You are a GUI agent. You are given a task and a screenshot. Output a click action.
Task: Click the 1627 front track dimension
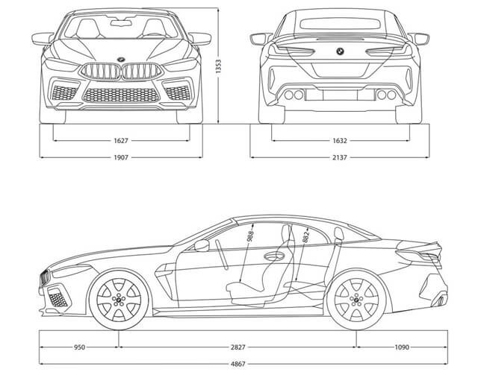coord(121,139)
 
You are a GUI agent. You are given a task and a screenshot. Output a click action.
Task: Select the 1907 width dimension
coord(121,157)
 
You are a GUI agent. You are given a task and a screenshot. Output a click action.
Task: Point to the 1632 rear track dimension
coord(339,139)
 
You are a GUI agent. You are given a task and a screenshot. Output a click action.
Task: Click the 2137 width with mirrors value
coord(339,157)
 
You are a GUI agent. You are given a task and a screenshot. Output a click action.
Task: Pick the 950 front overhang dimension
coord(80,347)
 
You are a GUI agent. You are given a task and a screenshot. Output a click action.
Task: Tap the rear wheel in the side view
coord(353,302)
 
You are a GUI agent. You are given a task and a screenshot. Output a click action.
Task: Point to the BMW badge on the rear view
coord(338,51)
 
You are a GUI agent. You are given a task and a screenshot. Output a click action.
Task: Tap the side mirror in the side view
coord(202,245)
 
